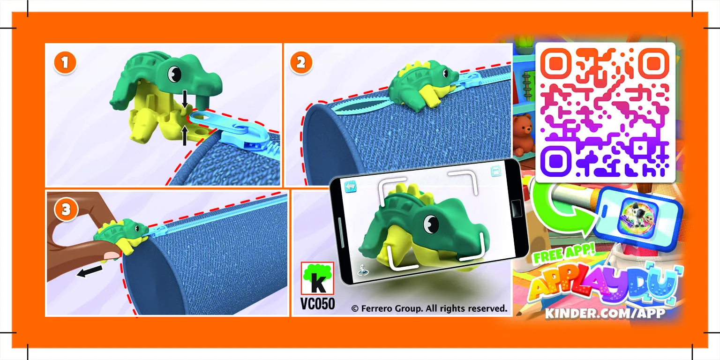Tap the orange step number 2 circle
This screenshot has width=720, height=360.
pos(301,63)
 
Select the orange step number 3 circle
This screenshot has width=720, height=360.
pos(66,210)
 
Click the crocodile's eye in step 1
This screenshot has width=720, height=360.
pos(174,73)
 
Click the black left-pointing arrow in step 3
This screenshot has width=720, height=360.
pos(89,271)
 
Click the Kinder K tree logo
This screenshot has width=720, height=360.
pos(317,278)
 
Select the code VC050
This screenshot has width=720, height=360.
pos(317,304)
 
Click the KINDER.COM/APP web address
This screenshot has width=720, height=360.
pos(605,313)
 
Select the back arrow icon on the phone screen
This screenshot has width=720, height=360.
pos(351,187)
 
